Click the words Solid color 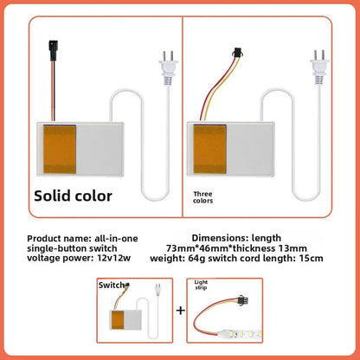73,196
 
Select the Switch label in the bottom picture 111,285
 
